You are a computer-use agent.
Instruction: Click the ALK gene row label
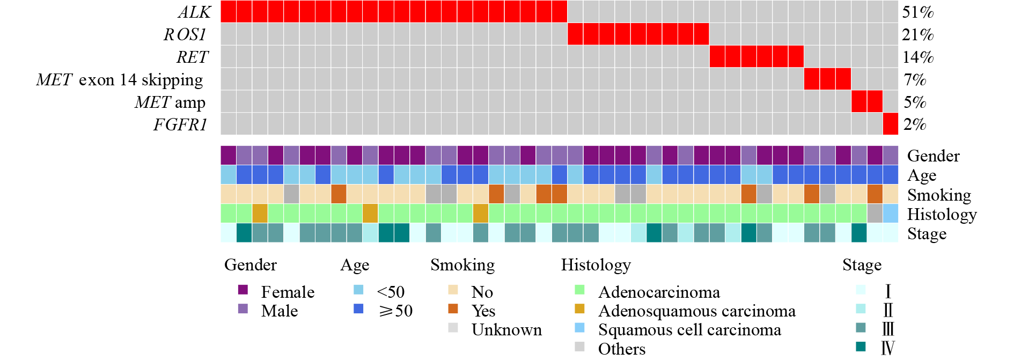[x=195, y=12]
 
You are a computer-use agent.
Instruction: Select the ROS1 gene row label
[x=185, y=34]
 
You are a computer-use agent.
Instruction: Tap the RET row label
[x=192, y=57]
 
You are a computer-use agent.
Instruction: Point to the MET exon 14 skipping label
[x=120, y=79]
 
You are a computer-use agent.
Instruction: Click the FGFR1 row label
[x=180, y=124]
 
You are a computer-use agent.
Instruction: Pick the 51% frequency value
[x=918, y=12]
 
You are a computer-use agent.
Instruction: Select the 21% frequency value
[x=918, y=34]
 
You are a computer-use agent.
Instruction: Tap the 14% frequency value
[x=918, y=57]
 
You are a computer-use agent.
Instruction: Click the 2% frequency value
[x=915, y=124]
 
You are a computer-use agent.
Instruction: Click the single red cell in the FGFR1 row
[x=891, y=124]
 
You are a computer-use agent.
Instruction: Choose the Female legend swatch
[x=243, y=290]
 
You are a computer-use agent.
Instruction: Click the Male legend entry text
[x=280, y=311]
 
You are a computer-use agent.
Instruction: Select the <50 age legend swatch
[x=359, y=290]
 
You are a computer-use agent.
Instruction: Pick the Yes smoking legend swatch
[x=453, y=308]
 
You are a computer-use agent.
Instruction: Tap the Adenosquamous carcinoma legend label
[x=696, y=311]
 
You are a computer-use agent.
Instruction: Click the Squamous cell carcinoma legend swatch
[x=579, y=327]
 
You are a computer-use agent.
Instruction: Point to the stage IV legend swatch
[x=861, y=347]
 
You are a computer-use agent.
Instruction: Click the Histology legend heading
[x=596, y=265]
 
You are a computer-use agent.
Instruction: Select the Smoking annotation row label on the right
[x=939, y=195]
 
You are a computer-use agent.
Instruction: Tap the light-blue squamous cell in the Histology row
[x=891, y=214]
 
